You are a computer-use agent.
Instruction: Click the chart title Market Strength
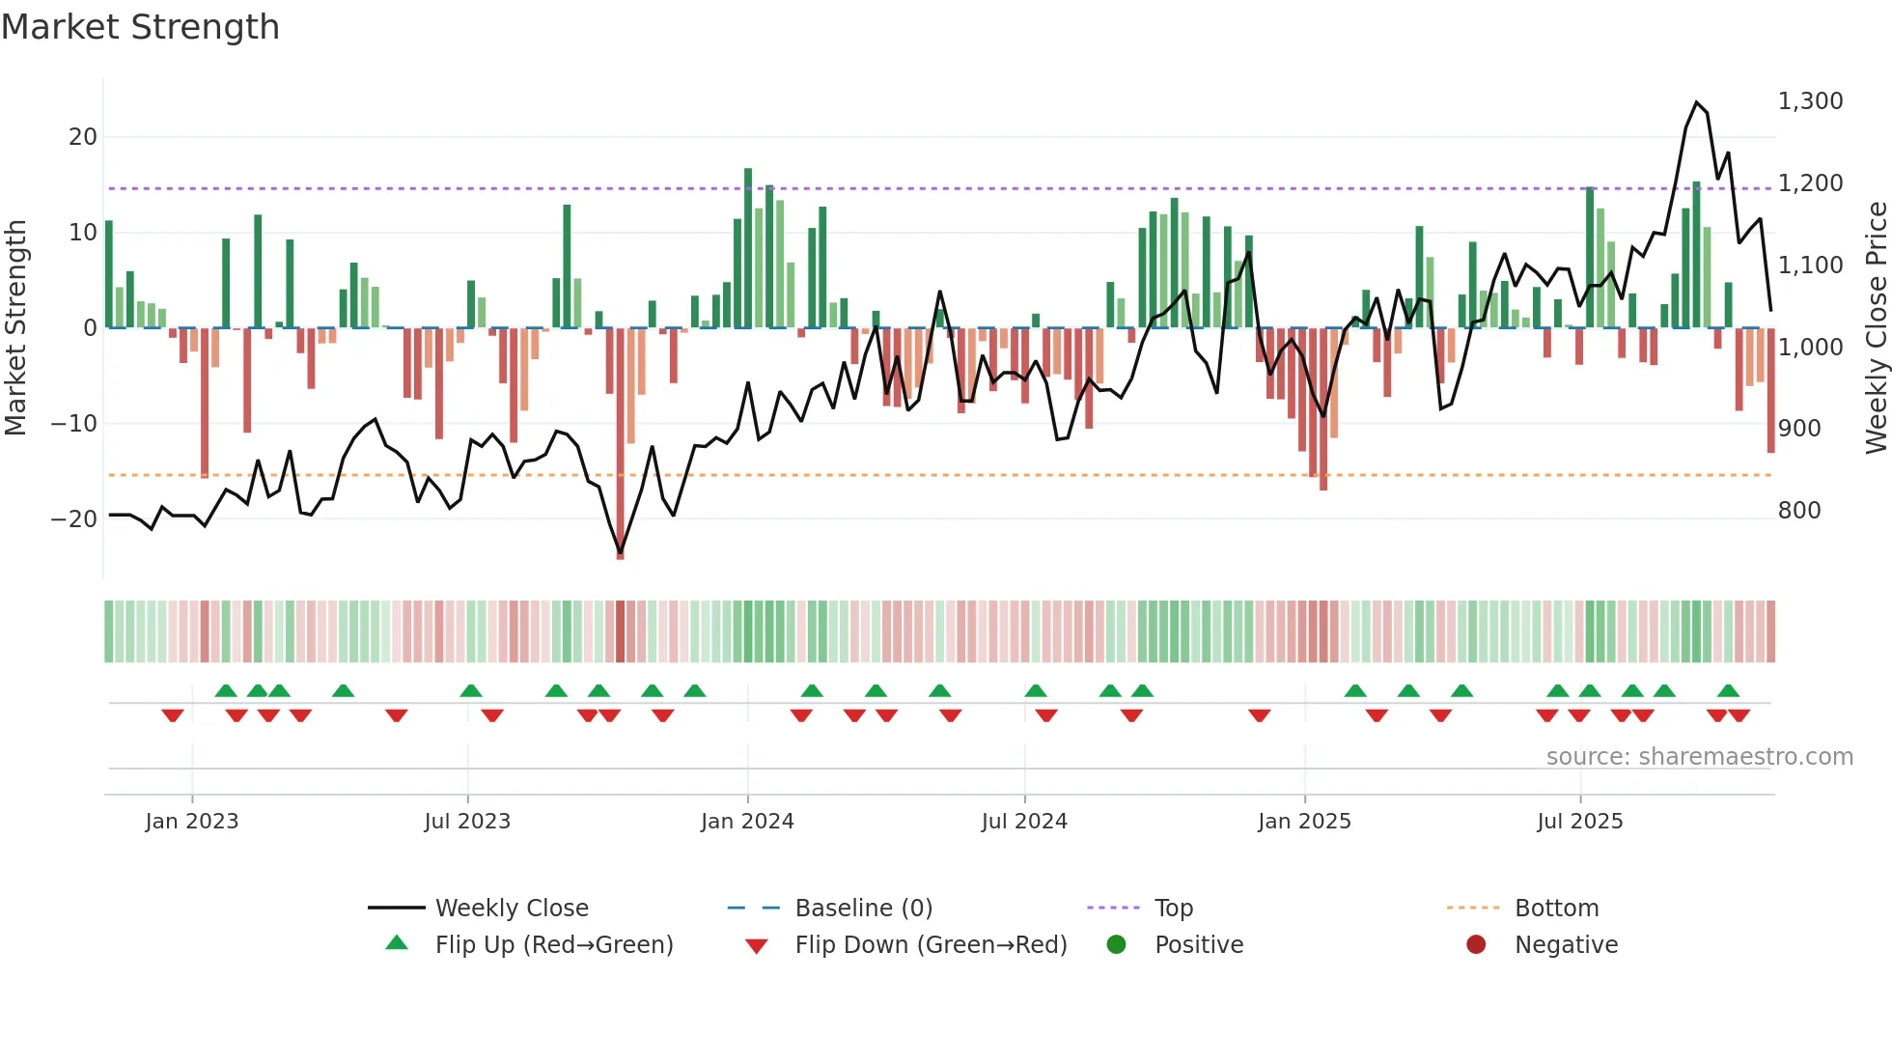point(140,27)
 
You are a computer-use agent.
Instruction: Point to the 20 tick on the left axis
point(83,137)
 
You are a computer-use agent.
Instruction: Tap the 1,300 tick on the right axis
point(1810,101)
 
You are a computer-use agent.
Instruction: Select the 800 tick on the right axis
point(1798,511)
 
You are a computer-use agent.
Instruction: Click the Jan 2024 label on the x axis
point(747,822)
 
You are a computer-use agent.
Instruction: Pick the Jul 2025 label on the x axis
point(1579,822)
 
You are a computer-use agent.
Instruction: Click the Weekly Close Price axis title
point(1876,328)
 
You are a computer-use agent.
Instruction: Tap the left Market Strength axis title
point(15,328)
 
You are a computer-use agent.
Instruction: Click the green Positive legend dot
point(1116,945)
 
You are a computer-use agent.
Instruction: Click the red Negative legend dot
point(1475,945)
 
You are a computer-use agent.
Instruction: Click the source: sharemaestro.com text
point(1699,757)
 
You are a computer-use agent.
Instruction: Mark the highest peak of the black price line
point(1696,102)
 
